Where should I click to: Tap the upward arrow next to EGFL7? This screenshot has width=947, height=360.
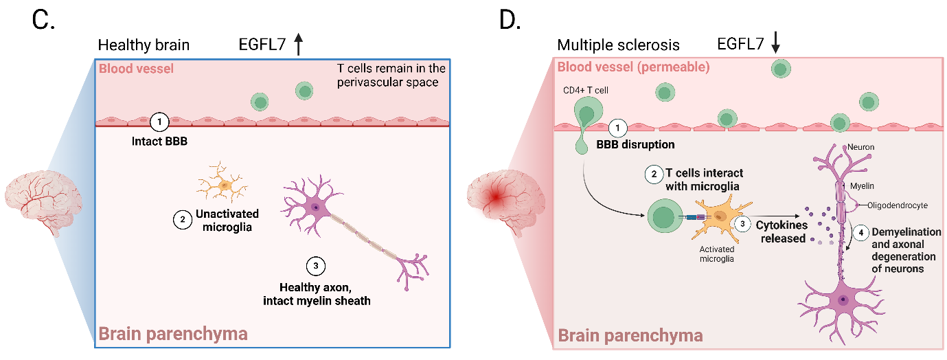pos(298,45)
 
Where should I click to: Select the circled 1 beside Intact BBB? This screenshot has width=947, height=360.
pos(159,122)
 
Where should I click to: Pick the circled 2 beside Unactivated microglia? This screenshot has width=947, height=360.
pos(182,219)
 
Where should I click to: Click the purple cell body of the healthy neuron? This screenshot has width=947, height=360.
pos(314,207)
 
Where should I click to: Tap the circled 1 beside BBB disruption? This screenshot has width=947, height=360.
pos(619,128)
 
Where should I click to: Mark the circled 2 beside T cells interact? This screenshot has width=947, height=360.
pos(653,175)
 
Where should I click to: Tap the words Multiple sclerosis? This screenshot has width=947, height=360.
pos(618,45)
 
